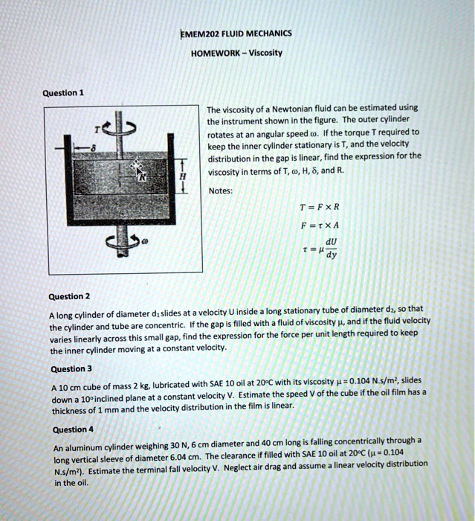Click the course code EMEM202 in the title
(x=198, y=33)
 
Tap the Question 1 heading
(x=63, y=93)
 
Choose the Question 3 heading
(x=71, y=368)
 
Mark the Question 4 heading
(x=74, y=429)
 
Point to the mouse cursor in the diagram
(x=135, y=167)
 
